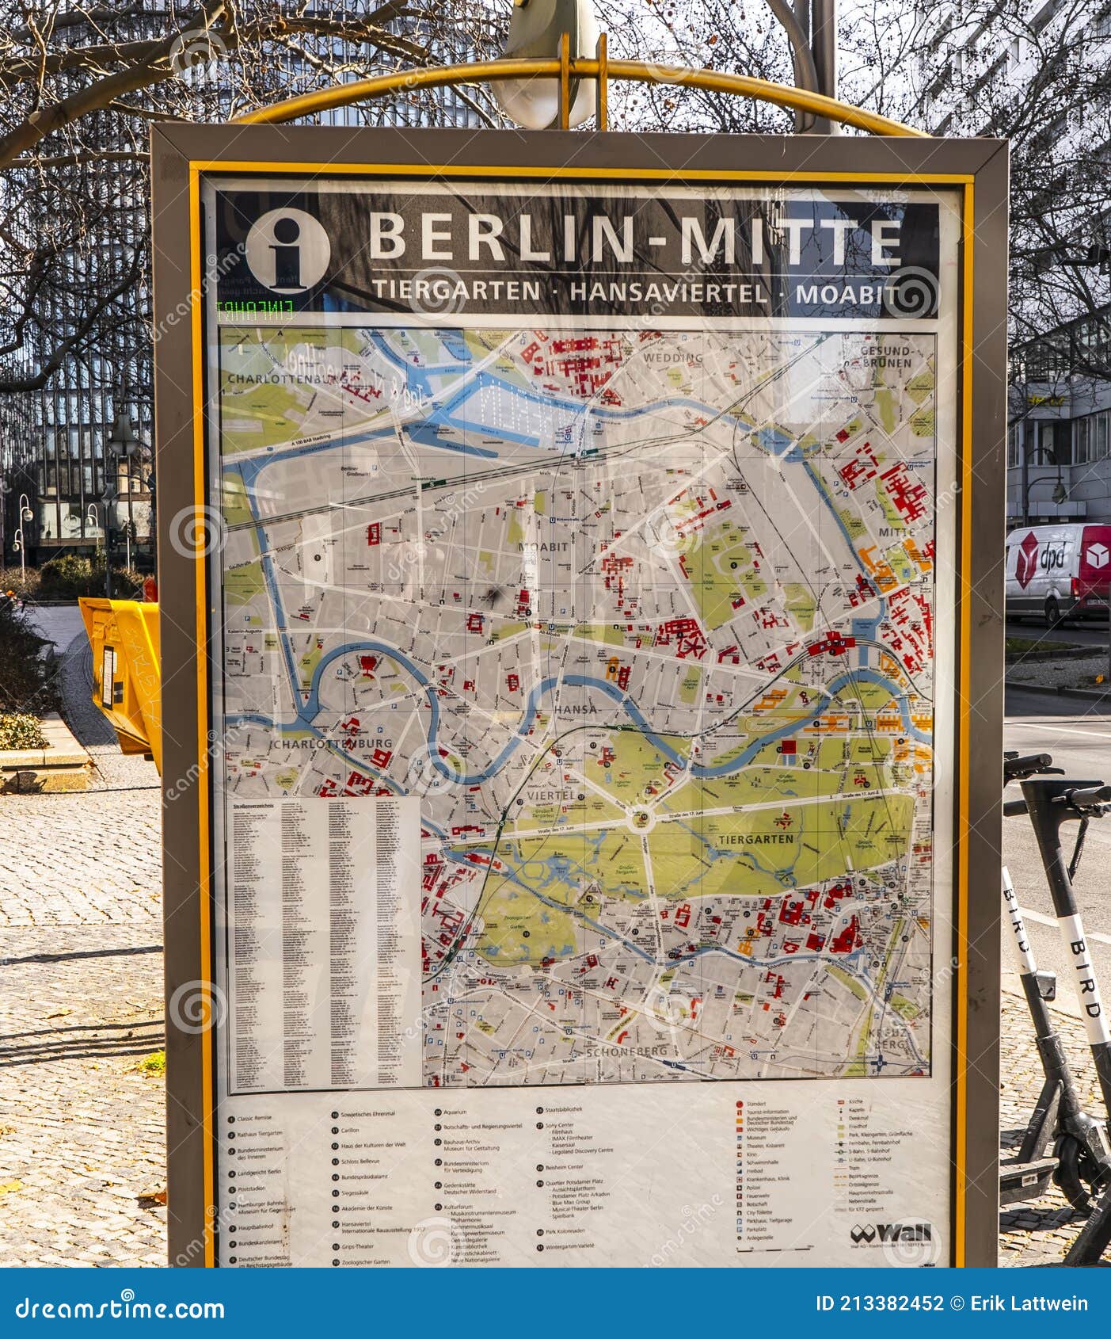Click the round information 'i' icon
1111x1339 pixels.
click(x=287, y=251)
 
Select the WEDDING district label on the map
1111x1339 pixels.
click(x=673, y=358)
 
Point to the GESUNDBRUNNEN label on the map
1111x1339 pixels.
click(x=886, y=357)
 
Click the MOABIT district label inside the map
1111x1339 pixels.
click(x=542, y=547)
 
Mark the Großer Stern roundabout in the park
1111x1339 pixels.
click(x=641, y=818)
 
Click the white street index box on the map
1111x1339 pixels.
click(x=324, y=943)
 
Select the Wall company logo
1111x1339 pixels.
click(x=891, y=1234)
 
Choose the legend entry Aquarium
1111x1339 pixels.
click(x=456, y=1113)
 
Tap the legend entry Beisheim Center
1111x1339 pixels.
click(x=565, y=1167)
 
